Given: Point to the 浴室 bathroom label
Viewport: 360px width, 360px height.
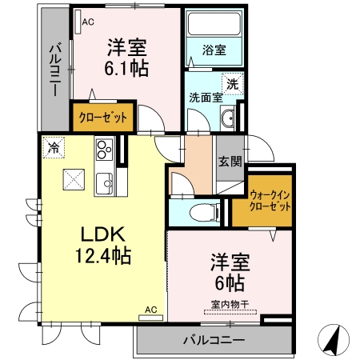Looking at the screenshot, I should (214, 50).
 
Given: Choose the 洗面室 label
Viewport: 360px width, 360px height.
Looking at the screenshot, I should (206, 98).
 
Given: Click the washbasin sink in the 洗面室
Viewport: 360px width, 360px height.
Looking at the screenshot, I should (228, 119).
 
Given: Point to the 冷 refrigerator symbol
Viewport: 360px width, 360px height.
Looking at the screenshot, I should (54, 147).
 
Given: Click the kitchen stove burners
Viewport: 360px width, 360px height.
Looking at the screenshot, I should (104, 150).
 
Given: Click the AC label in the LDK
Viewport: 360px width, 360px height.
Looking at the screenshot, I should (150, 309).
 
